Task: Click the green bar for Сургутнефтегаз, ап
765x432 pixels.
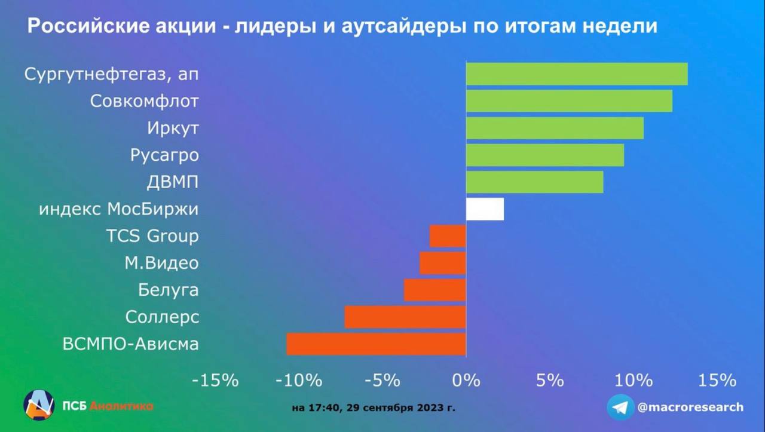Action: click(x=577, y=73)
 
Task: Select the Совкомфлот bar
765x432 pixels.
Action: click(x=570, y=101)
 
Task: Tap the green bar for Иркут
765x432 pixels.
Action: click(x=555, y=128)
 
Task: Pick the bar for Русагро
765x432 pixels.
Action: click(x=545, y=155)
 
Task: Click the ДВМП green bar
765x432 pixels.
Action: click(x=535, y=182)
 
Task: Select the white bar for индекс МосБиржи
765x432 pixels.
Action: click(x=485, y=209)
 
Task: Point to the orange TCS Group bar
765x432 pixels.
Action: click(x=448, y=236)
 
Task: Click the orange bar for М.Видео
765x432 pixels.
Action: click(x=443, y=263)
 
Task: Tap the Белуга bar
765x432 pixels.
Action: click(x=434, y=290)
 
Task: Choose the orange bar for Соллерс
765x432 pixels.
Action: click(x=405, y=317)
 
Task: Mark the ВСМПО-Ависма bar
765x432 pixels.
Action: click(x=377, y=344)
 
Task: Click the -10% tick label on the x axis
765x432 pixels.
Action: click(x=299, y=381)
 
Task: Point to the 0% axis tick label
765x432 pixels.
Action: click(x=466, y=381)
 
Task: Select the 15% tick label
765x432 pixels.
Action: click(x=717, y=381)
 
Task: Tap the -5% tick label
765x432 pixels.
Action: click(x=382, y=381)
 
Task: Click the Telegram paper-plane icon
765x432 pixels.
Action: click(x=620, y=407)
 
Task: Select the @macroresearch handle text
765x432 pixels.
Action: click(x=690, y=407)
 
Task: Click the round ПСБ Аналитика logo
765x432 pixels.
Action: click(x=39, y=405)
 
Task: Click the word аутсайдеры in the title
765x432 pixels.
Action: click(x=403, y=26)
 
